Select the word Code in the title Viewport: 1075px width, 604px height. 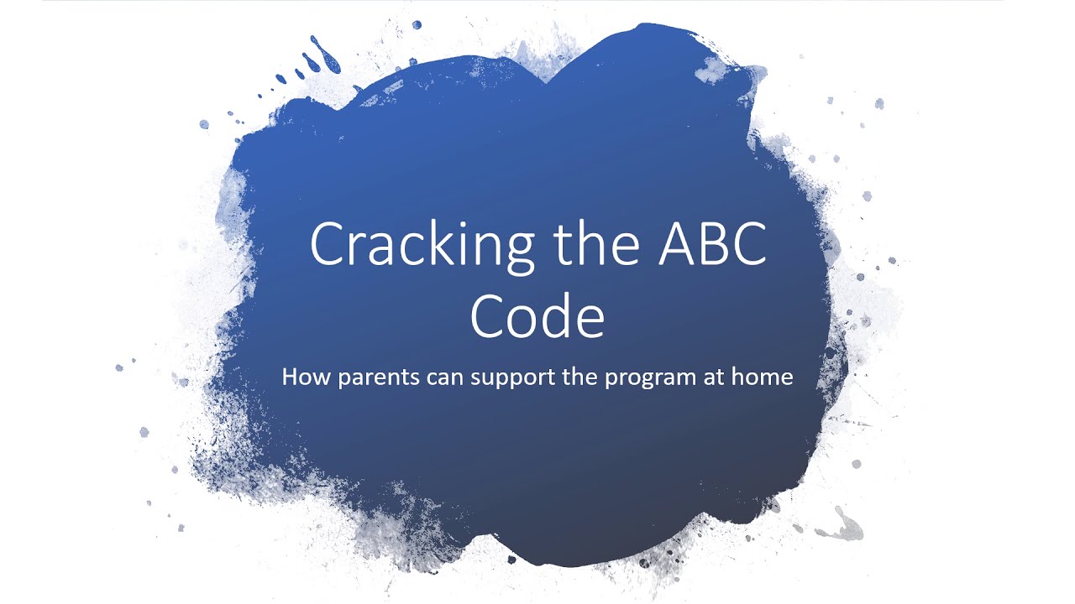click(x=537, y=316)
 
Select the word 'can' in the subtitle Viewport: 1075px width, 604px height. click(x=430, y=377)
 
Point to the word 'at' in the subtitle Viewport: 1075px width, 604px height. click(x=711, y=377)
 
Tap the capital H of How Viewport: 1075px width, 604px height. click(x=290, y=377)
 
